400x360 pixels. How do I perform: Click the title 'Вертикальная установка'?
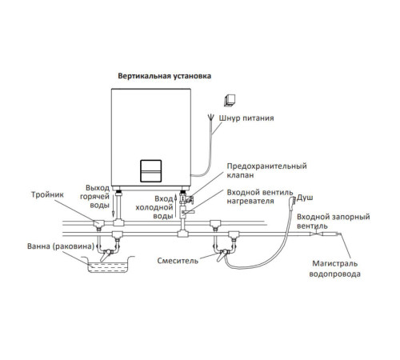165,76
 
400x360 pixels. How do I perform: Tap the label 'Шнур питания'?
246,118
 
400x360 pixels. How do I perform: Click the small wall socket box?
230,101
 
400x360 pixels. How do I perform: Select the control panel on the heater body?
151,171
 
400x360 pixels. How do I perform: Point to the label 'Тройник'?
47,194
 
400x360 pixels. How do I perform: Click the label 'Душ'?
305,198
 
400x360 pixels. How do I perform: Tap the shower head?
293,201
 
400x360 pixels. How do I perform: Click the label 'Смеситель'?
178,261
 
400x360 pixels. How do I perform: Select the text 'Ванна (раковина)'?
61,246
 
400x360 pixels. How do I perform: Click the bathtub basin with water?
108,265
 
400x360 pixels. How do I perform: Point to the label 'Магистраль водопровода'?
335,269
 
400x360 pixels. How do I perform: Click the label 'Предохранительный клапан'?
266,170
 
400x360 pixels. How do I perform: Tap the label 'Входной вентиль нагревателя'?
260,197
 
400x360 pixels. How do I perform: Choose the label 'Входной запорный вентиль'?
334,221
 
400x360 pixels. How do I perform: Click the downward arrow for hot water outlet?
114,206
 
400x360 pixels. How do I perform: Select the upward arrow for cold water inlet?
175,206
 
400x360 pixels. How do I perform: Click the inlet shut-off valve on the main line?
316,234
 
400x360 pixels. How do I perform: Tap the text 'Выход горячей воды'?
94,197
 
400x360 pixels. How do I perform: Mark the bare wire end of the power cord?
211,118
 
